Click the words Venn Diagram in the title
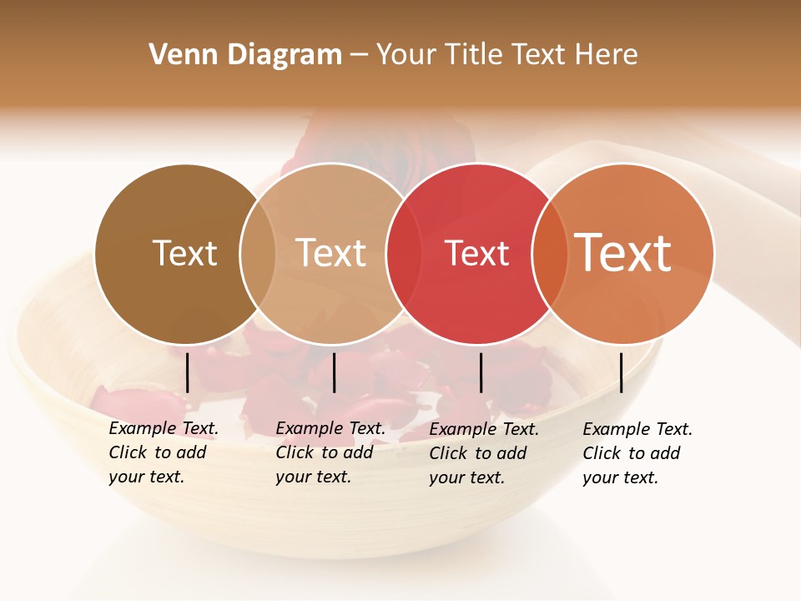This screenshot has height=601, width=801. click(245, 55)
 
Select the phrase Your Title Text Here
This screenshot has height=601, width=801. click(506, 55)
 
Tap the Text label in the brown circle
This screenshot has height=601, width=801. click(184, 253)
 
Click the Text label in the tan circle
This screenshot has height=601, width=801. click(331, 253)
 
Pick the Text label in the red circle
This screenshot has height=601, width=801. click(476, 254)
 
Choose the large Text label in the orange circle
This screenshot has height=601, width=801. click(623, 252)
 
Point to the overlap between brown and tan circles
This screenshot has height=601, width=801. click(258, 254)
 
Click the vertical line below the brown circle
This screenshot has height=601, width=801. click(188, 372)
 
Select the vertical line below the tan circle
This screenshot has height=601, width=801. click(334, 372)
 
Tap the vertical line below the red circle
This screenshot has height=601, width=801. click(481, 372)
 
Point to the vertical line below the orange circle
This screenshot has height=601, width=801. click(621, 372)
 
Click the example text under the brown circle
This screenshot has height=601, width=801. click(163, 452)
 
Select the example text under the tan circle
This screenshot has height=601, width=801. click(330, 452)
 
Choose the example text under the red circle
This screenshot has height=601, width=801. click(483, 453)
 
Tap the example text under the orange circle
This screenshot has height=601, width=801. click(637, 453)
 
